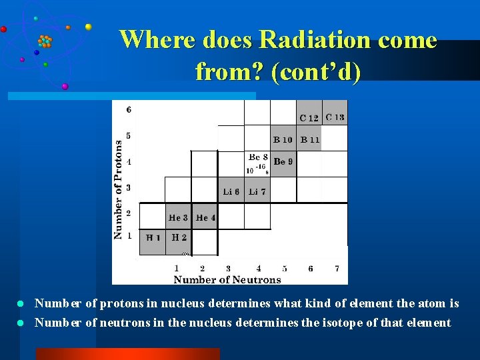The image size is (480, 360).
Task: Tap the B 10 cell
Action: click(283, 139)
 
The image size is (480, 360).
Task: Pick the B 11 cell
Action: click(309, 139)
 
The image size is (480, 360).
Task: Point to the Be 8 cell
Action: click(257, 163)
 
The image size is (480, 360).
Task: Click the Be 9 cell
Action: click(283, 163)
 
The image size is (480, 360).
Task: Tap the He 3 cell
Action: click(178, 217)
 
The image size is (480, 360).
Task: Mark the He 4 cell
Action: click(205, 217)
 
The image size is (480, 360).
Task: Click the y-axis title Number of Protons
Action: click(118, 189)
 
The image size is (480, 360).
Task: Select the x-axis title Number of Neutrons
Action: click(227, 279)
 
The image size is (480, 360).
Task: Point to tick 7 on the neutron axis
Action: click(337, 269)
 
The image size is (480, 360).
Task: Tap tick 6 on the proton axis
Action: click(129, 109)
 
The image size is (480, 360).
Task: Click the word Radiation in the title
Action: click(307, 40)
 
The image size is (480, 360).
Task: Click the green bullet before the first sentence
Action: click(20, 304)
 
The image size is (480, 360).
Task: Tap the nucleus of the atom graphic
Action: click(45, 41)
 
